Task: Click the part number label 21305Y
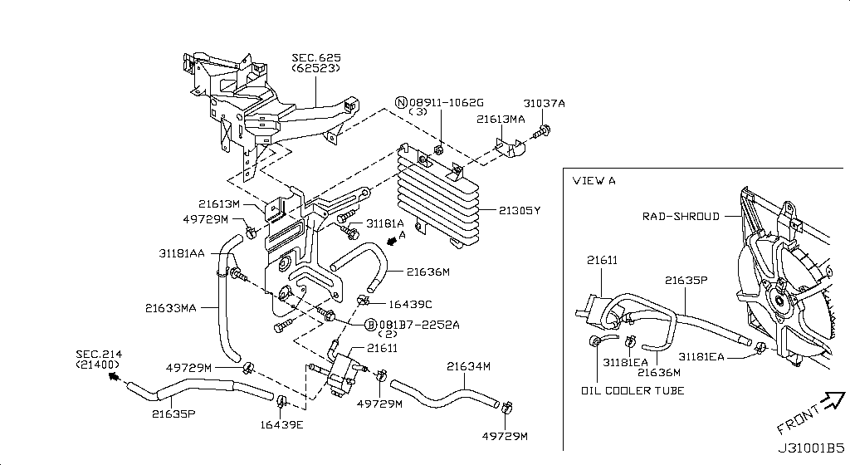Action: (x=520, y=211)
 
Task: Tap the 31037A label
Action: (x=544, y=104)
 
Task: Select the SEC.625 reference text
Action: (x=315, y=58)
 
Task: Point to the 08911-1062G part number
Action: (x=445, y=102)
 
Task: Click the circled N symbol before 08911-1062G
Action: (x=401, y=103)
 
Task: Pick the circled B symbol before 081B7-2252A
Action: (x=371, y=324)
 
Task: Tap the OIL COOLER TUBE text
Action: (x=633, y=391)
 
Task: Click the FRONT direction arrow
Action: (x=830, y=404)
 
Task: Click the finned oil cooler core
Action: (x=437, y=199)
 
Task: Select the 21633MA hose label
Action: (x=171, y=308)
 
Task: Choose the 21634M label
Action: (x=468, y=366)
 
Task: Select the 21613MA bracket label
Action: (x=501, y=120)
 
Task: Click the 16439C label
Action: (x=410, y=305)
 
